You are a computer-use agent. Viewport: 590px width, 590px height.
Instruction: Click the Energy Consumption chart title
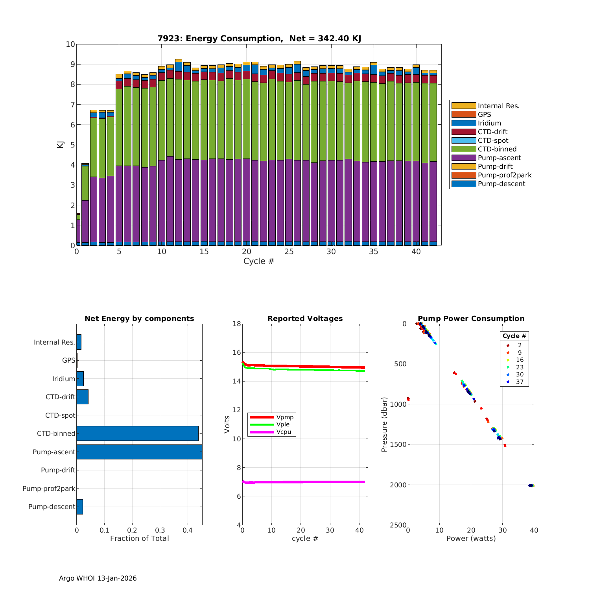(x=259, y=39)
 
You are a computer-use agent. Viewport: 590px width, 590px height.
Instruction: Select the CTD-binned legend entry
(x=497, y=149)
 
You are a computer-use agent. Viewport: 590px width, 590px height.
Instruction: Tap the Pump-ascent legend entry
(x=499, y=158)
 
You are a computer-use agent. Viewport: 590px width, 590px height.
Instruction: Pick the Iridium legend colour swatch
(x=463, y=123)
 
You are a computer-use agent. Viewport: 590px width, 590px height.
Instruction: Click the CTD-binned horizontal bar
(x=137, y=433)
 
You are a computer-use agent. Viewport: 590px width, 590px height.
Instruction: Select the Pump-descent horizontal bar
(x=80, y=507)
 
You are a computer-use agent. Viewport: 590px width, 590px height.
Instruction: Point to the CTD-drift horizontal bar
(x=83, y=397)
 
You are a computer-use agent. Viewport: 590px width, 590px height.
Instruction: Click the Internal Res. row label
(x=54, y=342)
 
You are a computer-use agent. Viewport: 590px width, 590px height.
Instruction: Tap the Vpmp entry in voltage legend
(x=285, y=417)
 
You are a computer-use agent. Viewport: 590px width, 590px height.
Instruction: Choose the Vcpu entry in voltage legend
(x=284, y=432)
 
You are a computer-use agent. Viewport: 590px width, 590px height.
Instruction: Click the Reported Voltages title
(x=305, y=319)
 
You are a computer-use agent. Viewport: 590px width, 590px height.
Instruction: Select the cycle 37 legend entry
(x=519, y=382)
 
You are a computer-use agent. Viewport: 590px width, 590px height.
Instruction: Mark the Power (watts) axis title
(x=471, y=538)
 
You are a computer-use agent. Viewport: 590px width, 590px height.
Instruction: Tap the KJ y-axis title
(x=60, y=144)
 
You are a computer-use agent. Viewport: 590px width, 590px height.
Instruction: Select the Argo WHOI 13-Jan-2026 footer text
(x=98, y=578)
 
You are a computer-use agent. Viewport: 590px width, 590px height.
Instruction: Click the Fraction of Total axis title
(x=139, y=538)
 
